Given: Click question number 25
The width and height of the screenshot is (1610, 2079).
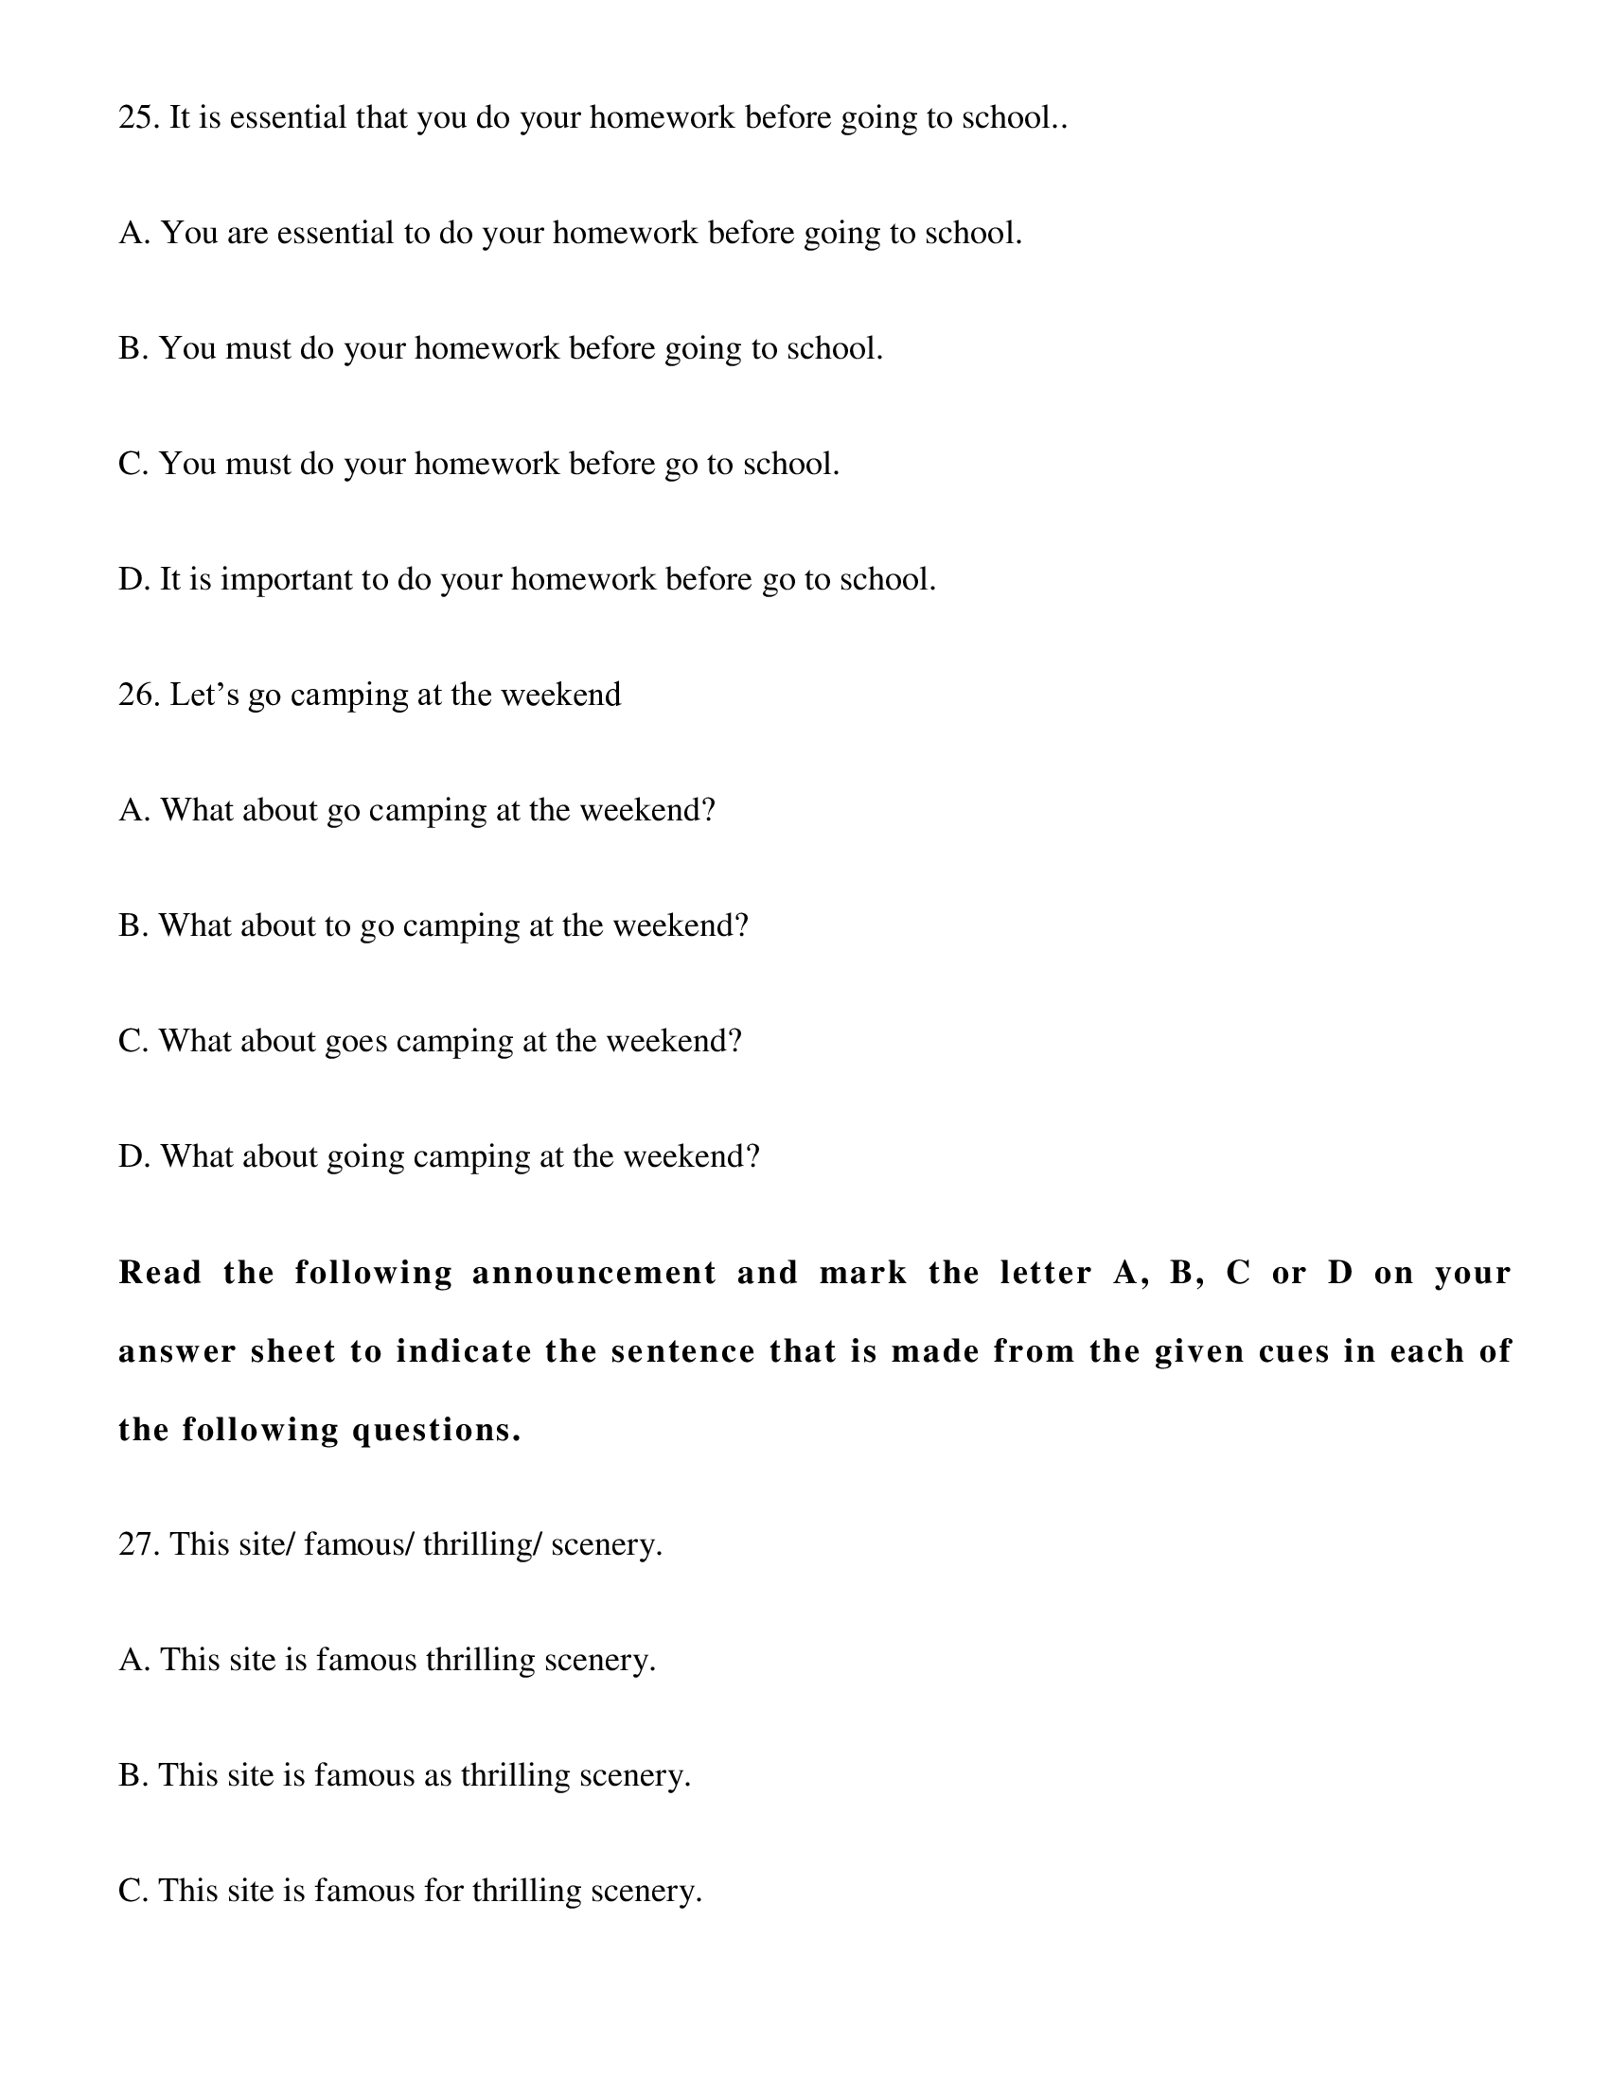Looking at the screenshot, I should pyautogui.click(x=138, y=118).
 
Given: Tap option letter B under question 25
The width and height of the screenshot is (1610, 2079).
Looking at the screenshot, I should pyautogui.click(x=132, y=348).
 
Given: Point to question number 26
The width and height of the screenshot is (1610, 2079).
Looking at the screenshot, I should pyautogui.click(x=138, y=695).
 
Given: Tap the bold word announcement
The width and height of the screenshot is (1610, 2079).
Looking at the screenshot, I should pyautogui.click(x=593, y=1273).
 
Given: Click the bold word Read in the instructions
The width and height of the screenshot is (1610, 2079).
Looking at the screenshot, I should pyautogui.click(x=160, y=1273).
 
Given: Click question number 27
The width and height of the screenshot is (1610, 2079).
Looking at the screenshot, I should pyautogui.click(x=138, y=1544).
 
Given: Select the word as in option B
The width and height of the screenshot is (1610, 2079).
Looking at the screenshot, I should pyautogui.click(x=437, y=1775).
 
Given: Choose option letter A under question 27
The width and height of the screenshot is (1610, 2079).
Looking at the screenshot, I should pyautogui.click(x=132, y=1660).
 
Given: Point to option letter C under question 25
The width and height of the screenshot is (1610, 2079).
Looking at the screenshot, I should pyautogui.click(x=132, y=464).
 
